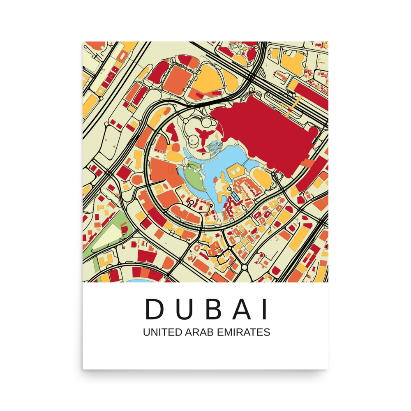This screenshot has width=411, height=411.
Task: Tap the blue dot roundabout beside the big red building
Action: click(273, 174)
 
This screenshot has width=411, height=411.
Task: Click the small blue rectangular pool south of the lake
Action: click(235, 196)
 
